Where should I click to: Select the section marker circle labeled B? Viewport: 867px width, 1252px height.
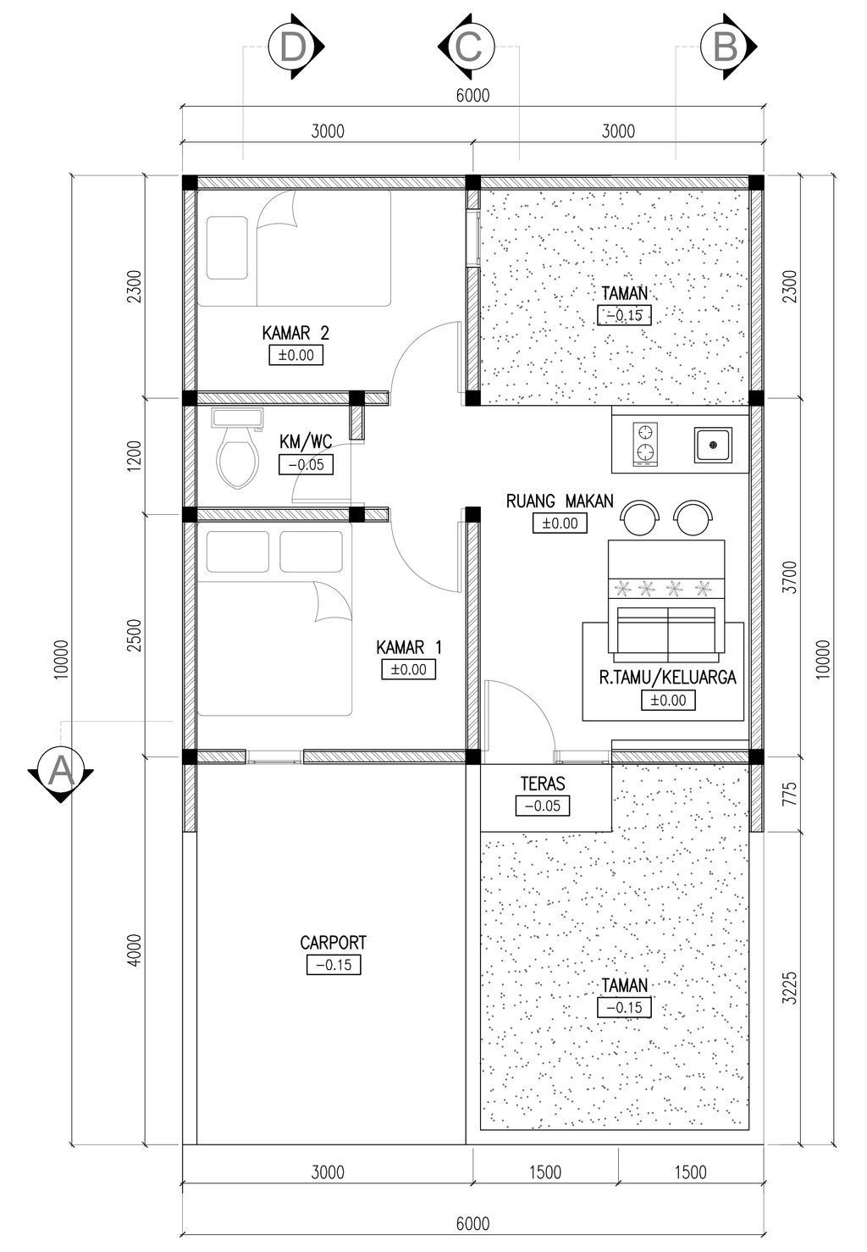pyautogui.click(x=724, y=47)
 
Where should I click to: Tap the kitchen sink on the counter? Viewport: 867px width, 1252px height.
pyautogui.click(x=713, y=445)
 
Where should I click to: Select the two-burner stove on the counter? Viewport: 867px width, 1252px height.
pyautogui.click(x=645, y=444)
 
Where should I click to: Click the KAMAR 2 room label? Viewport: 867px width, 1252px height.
pyautogui.click(x=295, y=334)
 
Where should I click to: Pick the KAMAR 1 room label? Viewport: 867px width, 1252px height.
pyautogui.click(x=409, y=648)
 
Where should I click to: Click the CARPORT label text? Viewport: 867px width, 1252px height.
pyautogui.click(x=333, y=943)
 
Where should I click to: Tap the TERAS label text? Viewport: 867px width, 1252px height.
pyautogui.click(x=543, y=784)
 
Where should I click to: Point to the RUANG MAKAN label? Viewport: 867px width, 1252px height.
pyautogui.click(x=559, y=501)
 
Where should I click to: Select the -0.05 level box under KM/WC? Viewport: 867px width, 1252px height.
pyautogui.click(x=306, y=464)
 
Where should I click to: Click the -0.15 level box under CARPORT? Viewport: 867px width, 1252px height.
pyautogui.click(x=334, y=965)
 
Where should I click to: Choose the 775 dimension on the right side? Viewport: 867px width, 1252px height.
pyautogui.click(x=789, y=794)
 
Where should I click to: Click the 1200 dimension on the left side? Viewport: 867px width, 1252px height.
pyautogui.click(x=135, y=456)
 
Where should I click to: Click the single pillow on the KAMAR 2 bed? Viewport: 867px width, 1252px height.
pyautogui.click(x=227, y=247)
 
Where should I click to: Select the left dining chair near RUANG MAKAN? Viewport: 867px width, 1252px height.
pyautogui.click(x=640, y=517)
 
